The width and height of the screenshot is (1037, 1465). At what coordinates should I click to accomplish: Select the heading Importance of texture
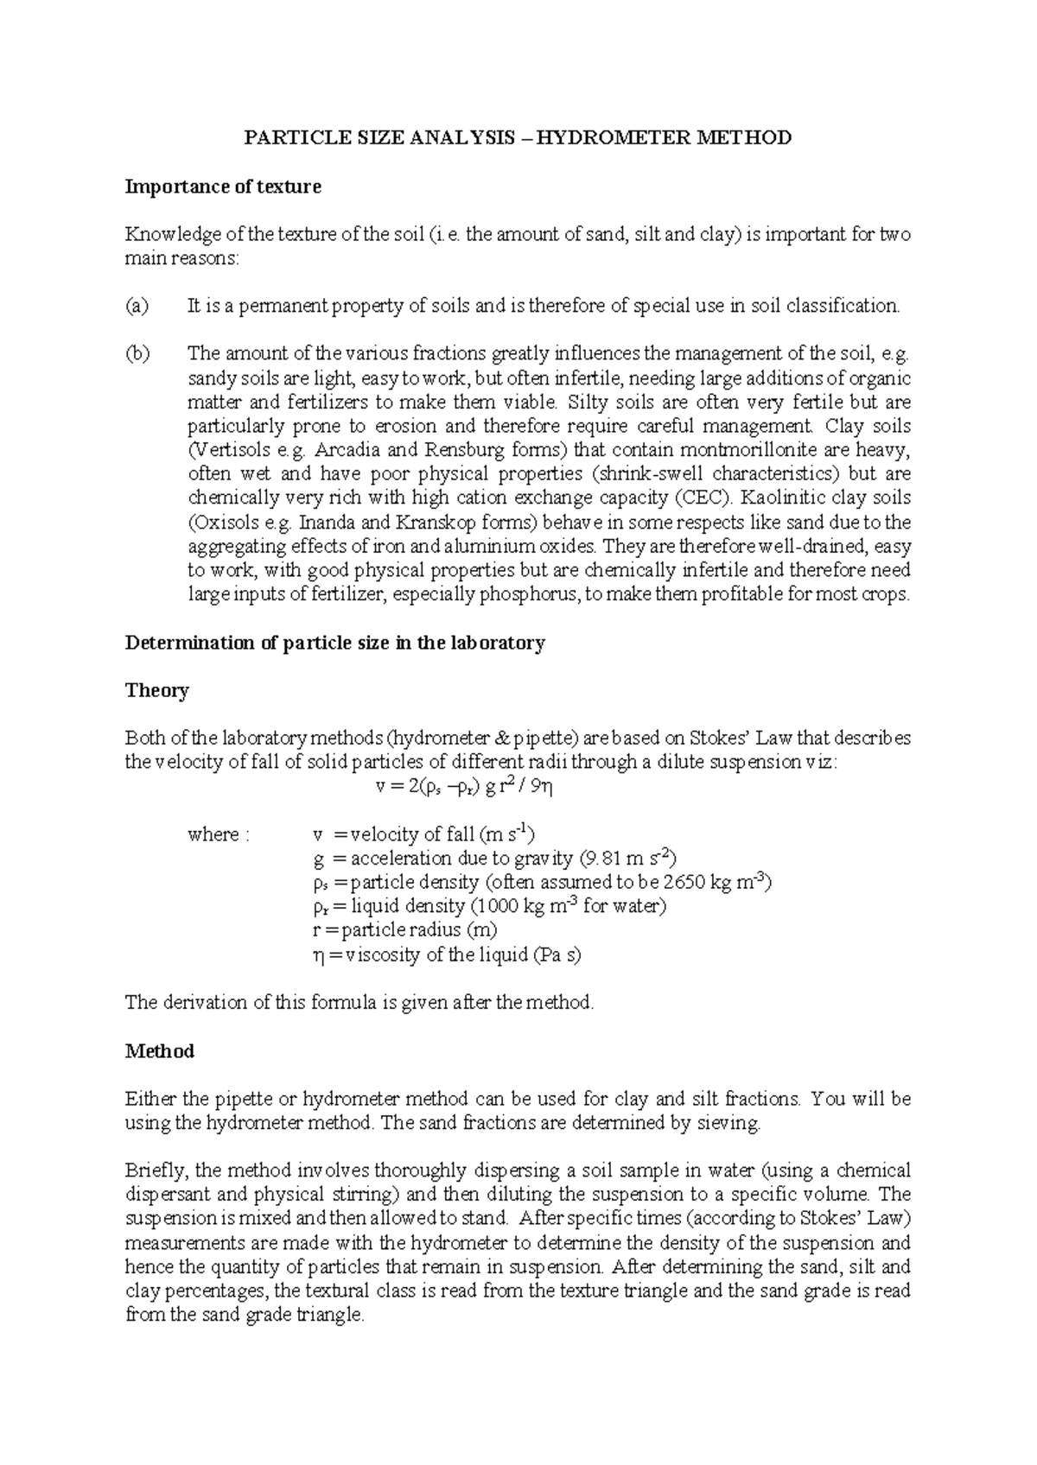(223, 187)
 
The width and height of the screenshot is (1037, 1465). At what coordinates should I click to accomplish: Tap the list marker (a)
(137, 306)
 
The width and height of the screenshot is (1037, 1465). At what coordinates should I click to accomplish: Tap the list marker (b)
(137, 353)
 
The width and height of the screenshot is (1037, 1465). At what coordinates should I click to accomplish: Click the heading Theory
(156, 691)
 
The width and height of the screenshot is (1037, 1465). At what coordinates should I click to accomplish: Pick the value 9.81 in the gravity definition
(602, 859)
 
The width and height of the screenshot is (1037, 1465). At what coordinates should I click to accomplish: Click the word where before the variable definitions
(213, 835)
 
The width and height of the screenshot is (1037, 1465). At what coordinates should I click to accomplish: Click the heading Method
(160, 1052)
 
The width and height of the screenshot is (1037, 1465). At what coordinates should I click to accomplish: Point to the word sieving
(732, 1124)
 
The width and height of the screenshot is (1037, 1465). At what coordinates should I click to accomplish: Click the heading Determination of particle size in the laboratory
(335, 644)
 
